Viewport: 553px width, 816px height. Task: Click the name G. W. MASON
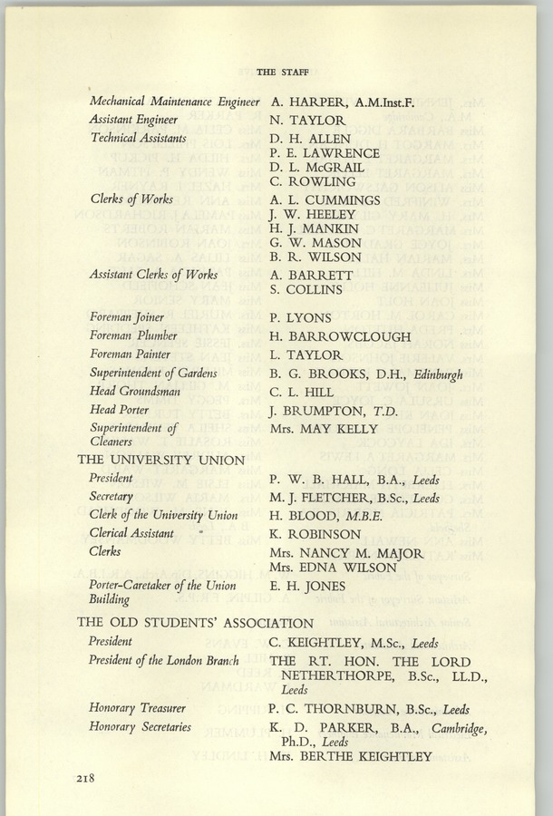(x=315, y=243)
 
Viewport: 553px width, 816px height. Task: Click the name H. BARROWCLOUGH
(x=340, y=337)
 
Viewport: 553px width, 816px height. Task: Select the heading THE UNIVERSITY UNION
(x=161, y=460)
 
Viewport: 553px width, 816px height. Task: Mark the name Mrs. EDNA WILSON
(x=334, y=568)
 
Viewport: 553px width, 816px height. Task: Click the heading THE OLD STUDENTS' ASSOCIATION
(x=196, y=623)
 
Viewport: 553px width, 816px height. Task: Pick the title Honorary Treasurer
(x=138, y=708)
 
